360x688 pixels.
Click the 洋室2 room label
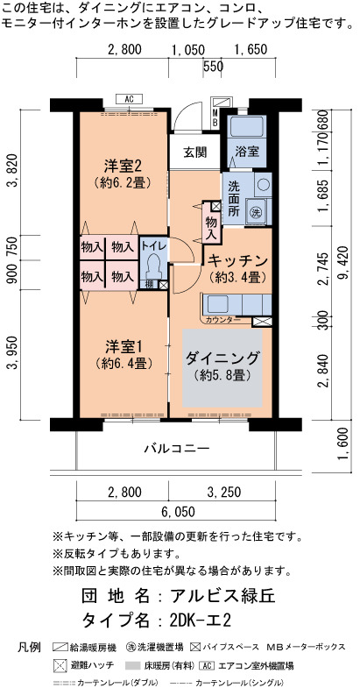123,166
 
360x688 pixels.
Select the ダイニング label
222,358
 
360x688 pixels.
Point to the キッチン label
237,261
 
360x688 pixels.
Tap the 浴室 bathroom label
247,152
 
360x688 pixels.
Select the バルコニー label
177,449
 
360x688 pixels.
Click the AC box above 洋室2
129,99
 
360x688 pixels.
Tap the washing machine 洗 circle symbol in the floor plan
255,212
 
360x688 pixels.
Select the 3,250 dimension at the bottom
222,493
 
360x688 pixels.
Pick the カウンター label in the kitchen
222,319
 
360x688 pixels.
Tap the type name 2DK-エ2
200,621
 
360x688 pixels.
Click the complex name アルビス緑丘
222,596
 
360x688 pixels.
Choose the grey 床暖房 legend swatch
135,665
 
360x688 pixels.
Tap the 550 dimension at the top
214,67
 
